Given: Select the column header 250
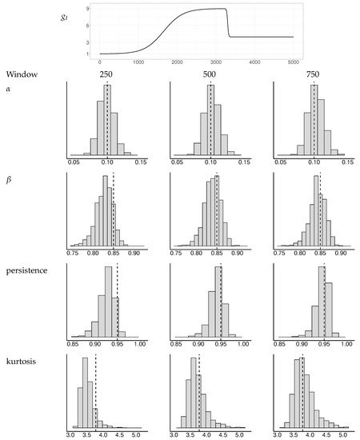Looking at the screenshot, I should click(105, 74).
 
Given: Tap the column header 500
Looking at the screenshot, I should click(210, 74).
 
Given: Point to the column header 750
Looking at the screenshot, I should click(314, 74).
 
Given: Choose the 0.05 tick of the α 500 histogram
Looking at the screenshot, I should click(178, 161).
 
